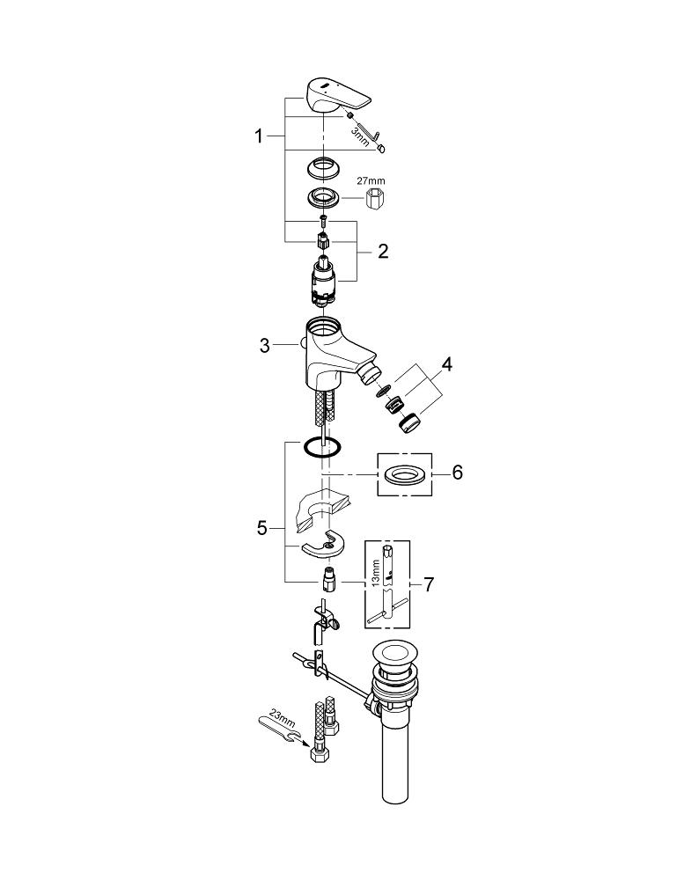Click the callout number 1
click(x=259, y=136)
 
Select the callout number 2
click(x=383, y=252)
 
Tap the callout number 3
click(x=265, y=346)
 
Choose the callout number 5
click(x=261, y=528)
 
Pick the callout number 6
click(x=457, y=473)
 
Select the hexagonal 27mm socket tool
click(x=377, y=199)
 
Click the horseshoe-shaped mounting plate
click(x=323, y=546)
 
